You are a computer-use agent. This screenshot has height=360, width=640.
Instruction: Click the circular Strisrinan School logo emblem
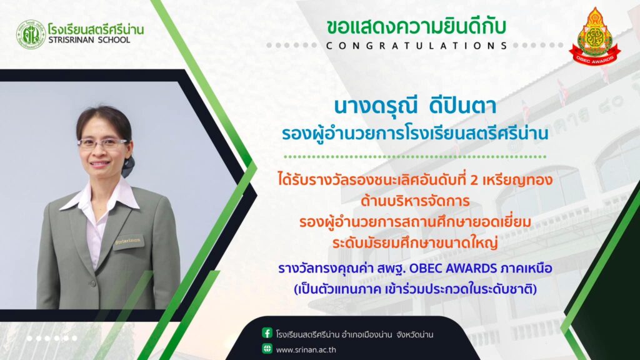pos(31,35)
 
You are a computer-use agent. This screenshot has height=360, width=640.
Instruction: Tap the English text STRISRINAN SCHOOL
pos(89,40)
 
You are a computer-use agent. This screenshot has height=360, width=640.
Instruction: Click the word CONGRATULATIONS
pos(417,45)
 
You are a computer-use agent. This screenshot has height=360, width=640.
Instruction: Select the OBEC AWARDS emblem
pos(595,36)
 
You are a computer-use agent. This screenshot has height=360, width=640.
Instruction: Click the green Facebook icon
pos(267,333)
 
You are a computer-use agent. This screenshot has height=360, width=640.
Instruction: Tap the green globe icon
pos(267,349)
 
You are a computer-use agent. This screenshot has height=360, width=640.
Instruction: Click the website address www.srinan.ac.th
pos(306,350)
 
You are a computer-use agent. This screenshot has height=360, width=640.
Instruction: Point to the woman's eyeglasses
pos(103,143)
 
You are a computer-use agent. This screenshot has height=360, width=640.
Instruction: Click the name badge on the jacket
pos(128,242)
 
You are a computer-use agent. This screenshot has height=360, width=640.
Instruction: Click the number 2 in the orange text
pos(474,180)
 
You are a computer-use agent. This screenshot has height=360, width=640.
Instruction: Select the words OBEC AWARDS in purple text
pos(452,268)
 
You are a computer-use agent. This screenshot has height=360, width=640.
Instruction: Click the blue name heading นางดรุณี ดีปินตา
pos(415,106)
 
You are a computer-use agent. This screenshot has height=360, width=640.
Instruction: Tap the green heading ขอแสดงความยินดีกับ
pos(416,27)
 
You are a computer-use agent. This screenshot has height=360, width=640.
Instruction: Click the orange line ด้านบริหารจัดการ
pos(415,201)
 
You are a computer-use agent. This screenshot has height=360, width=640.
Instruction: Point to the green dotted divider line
pos(415,156)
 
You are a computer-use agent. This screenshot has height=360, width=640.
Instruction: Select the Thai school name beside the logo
pos(96,29)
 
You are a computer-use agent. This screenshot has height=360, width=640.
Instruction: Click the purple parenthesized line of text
pos(415,289)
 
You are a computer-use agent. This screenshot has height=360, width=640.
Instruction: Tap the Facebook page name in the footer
pos(354,335)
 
